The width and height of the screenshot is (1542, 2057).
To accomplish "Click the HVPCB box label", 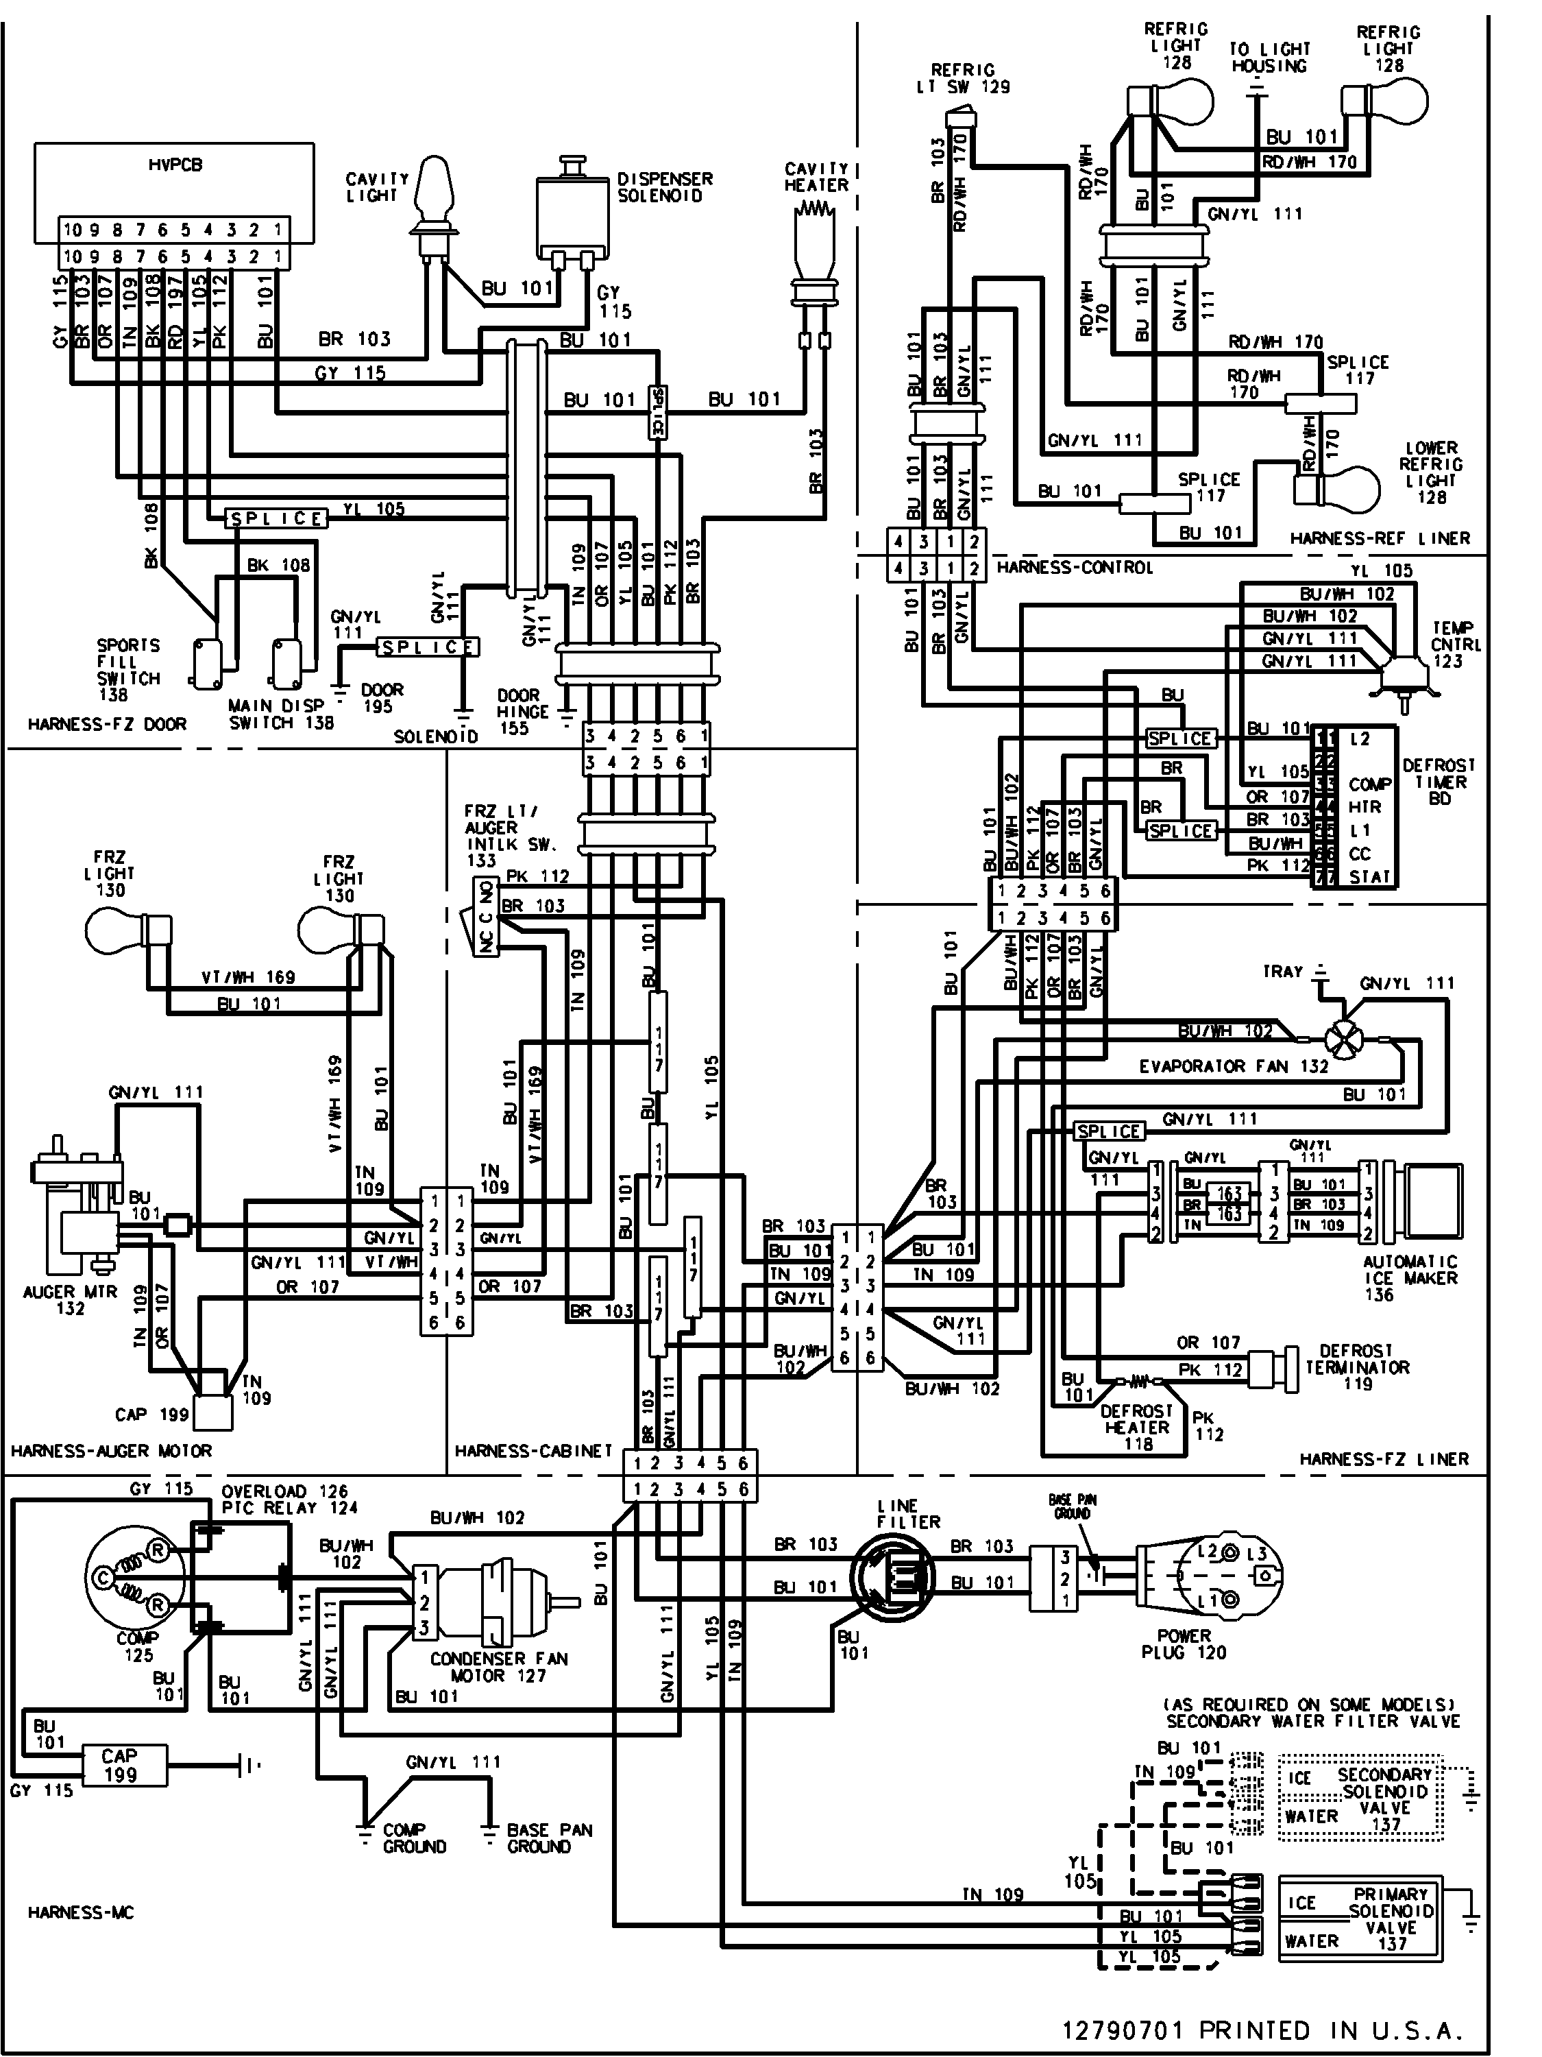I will click(175, 165).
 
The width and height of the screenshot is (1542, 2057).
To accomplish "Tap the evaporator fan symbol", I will click(1342, 1037).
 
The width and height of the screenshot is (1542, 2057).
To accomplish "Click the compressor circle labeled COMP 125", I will click(138, 1578).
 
